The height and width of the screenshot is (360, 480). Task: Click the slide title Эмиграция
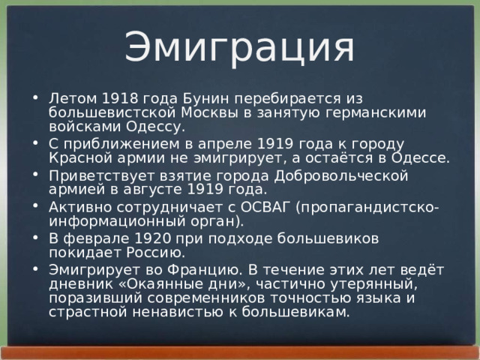[x=238, y=46]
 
